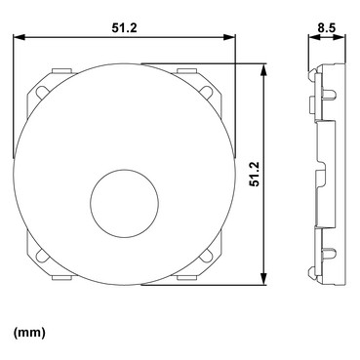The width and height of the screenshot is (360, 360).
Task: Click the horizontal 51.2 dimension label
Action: point(125,28)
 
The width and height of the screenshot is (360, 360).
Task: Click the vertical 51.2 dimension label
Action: point(255,174)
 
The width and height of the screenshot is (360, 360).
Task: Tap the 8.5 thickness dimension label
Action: point(327,28)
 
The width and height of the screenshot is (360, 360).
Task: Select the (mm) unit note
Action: point(29,333)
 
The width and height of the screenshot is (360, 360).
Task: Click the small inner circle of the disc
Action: point(125,203)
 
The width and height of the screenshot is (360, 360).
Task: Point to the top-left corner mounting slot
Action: point(42,92)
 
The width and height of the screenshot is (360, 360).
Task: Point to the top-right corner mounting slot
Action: point(206,92)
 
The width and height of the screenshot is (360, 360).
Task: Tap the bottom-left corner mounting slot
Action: point(42,256)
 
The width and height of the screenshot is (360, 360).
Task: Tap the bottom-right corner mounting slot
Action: point(206,256)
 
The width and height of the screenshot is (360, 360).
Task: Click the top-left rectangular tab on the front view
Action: point(61,70)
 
